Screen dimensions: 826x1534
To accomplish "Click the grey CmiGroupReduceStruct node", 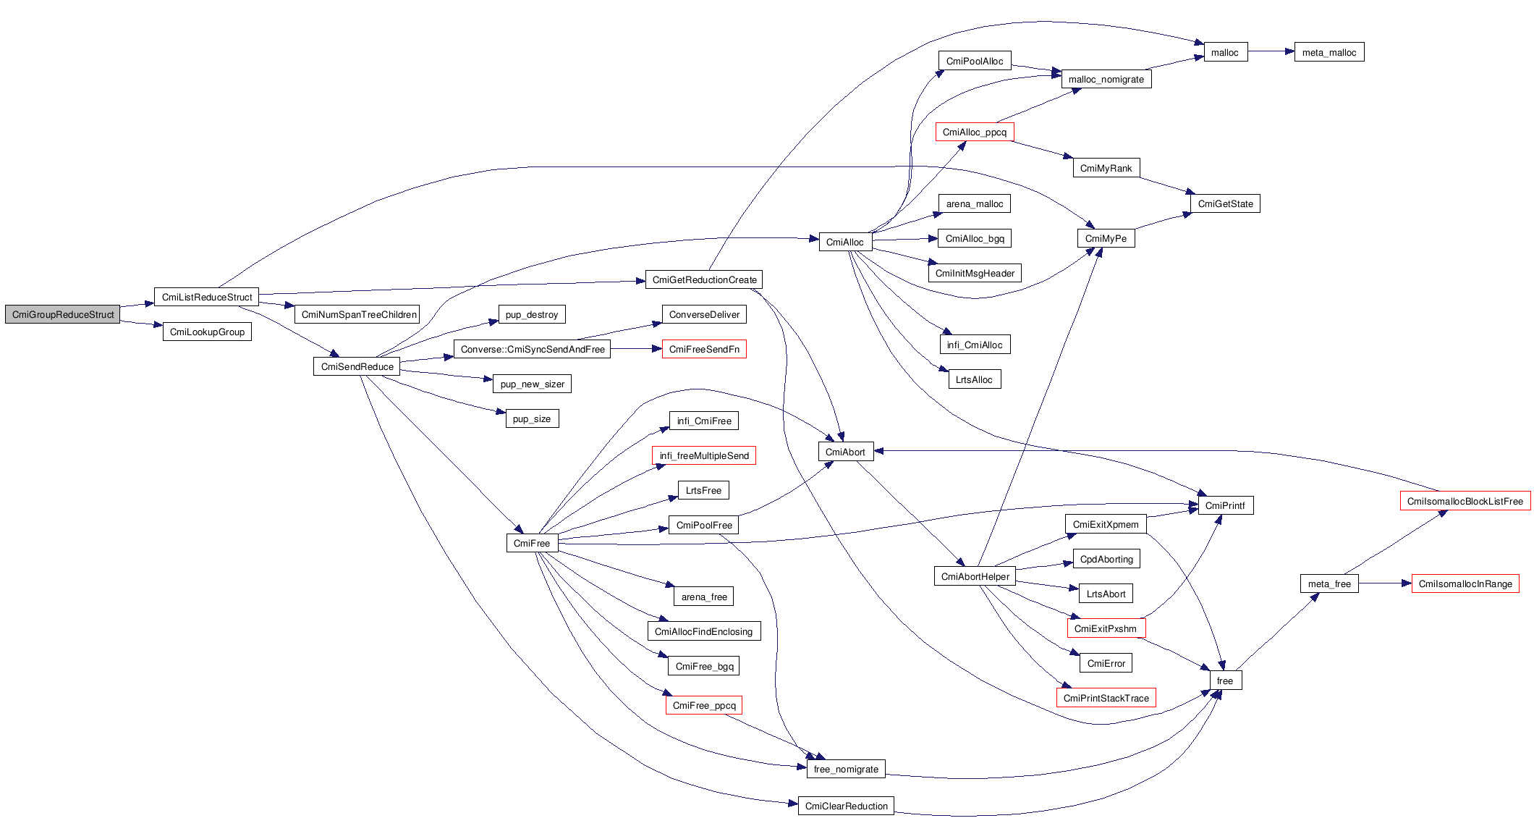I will click(63, 314).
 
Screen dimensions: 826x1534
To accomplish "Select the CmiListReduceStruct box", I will click(207, 297).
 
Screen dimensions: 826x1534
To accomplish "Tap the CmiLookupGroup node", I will click(207, 332).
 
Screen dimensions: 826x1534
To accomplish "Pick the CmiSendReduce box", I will click(357, 366).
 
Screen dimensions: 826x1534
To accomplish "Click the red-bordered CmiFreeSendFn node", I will click(704, 349).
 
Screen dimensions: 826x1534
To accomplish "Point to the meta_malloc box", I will click(1329, 52).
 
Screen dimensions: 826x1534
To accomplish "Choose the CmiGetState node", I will click(1225, 203).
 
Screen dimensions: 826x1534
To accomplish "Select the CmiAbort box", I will click(845, 452).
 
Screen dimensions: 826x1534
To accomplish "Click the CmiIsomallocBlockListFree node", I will click(1465, 501).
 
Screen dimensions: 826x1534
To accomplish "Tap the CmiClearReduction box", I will click(846, 806).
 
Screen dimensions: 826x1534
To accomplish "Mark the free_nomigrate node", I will click(846, 769).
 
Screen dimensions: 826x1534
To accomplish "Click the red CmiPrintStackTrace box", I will click(1106, 698).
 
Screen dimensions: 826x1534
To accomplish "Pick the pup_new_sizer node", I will click(532, 384).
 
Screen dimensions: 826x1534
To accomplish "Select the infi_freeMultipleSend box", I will click(704, 455).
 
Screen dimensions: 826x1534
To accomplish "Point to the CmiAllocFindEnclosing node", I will click(703, 631).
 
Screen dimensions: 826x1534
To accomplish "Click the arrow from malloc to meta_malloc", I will click(1271, 51).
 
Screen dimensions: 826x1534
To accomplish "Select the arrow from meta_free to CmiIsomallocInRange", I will click(1385, 583).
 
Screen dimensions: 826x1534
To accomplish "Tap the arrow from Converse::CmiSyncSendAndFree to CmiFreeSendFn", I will click(636, 349).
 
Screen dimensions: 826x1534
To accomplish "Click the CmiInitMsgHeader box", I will click(975, 273).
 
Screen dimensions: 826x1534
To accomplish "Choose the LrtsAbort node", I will click(1106, 594).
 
